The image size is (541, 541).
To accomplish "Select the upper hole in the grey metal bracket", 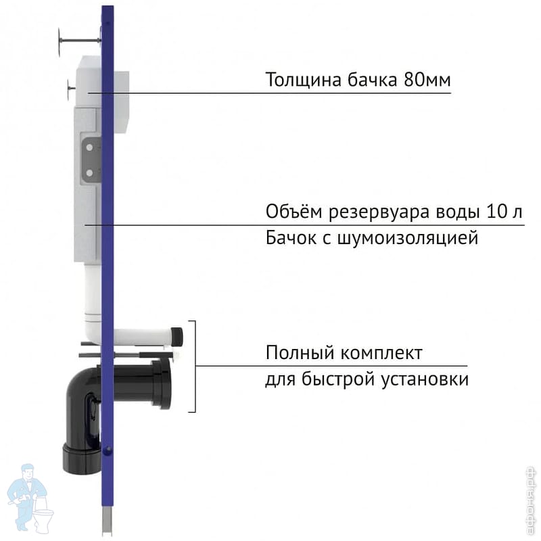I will point(88,145).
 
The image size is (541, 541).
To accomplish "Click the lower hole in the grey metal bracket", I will point(88,172).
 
